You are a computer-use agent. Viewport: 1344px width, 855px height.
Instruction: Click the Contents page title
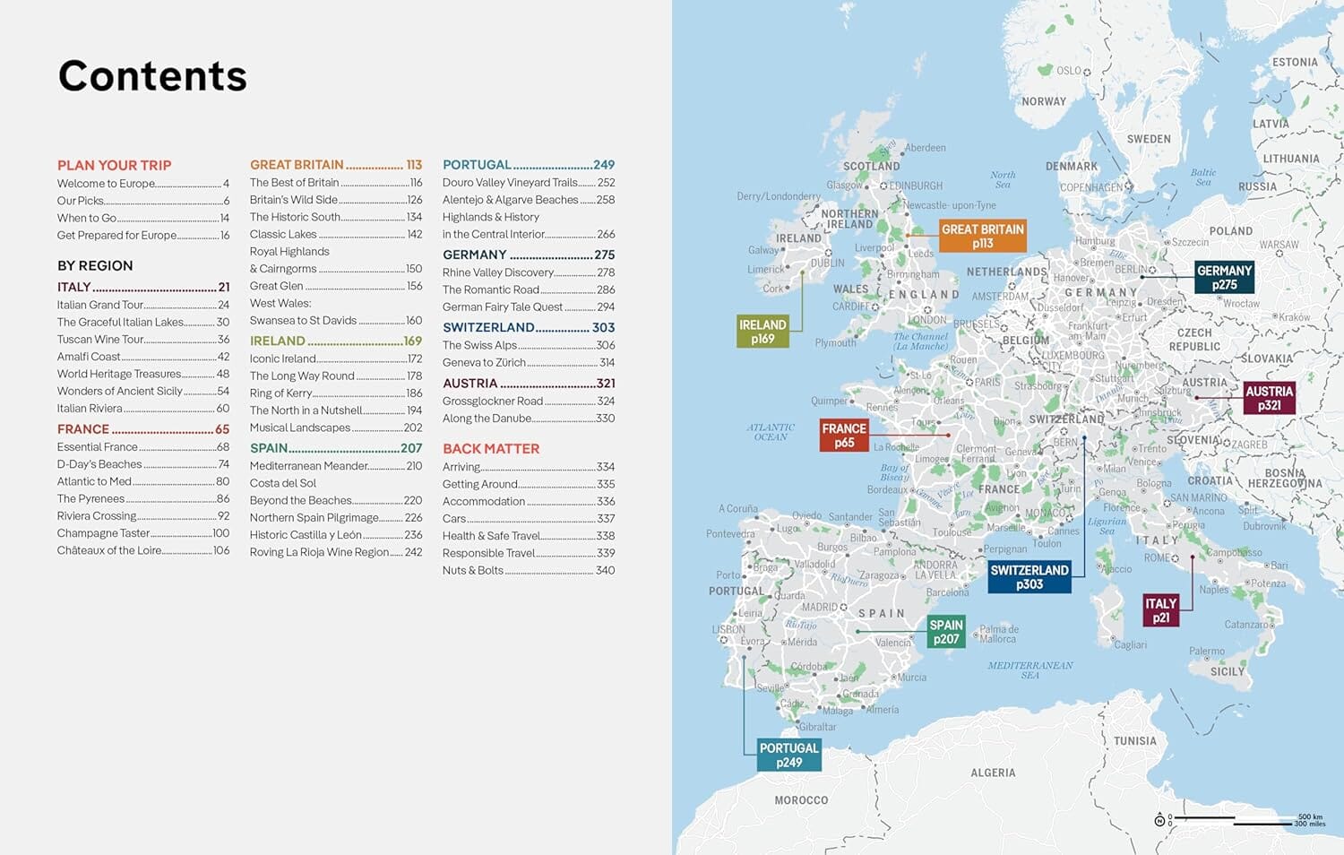click(x=152, y=76)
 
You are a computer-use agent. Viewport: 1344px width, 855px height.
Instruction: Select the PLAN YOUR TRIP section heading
click(x=114, y=165)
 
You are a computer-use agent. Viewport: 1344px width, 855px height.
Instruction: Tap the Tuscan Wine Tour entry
click(x=100, y=339)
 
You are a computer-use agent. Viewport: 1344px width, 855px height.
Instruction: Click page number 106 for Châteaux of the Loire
click(x=221, y=550)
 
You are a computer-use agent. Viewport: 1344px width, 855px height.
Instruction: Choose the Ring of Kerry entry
click(x=280, y=393)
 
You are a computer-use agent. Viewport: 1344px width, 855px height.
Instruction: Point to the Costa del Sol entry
click(x=282, y=483)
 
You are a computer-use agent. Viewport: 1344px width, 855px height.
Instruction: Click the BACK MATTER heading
click(x=491, y=448)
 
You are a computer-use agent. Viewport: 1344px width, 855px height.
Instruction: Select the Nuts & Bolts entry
click(x=472, y=570)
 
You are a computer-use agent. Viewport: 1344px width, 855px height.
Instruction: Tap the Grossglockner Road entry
click(x=493, y=401)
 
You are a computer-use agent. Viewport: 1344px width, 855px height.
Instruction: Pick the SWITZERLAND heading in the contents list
click(x=488, y=327)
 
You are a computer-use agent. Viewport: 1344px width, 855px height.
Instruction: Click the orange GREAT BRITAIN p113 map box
click(x=982, y=236)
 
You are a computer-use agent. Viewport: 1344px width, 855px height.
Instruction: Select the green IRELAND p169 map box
click(x=762, y=332)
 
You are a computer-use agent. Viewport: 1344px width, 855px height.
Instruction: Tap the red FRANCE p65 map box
click(x=844, y=436)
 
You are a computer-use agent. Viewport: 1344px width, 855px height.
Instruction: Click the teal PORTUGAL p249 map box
click(x=788, y=755)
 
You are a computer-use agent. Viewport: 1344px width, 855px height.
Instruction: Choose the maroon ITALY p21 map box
click(x=1160, y=610)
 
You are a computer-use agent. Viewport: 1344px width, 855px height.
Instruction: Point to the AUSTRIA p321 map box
click(x=1269, y=398)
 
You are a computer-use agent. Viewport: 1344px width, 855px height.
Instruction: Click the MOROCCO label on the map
click(x=801, y=799)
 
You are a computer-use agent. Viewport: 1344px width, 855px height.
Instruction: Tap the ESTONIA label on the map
click(x=1295, y=62)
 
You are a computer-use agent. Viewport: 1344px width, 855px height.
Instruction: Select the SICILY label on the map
click(x=1228, y=671)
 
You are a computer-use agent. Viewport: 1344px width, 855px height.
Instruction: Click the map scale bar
click(x=1236, y=819)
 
